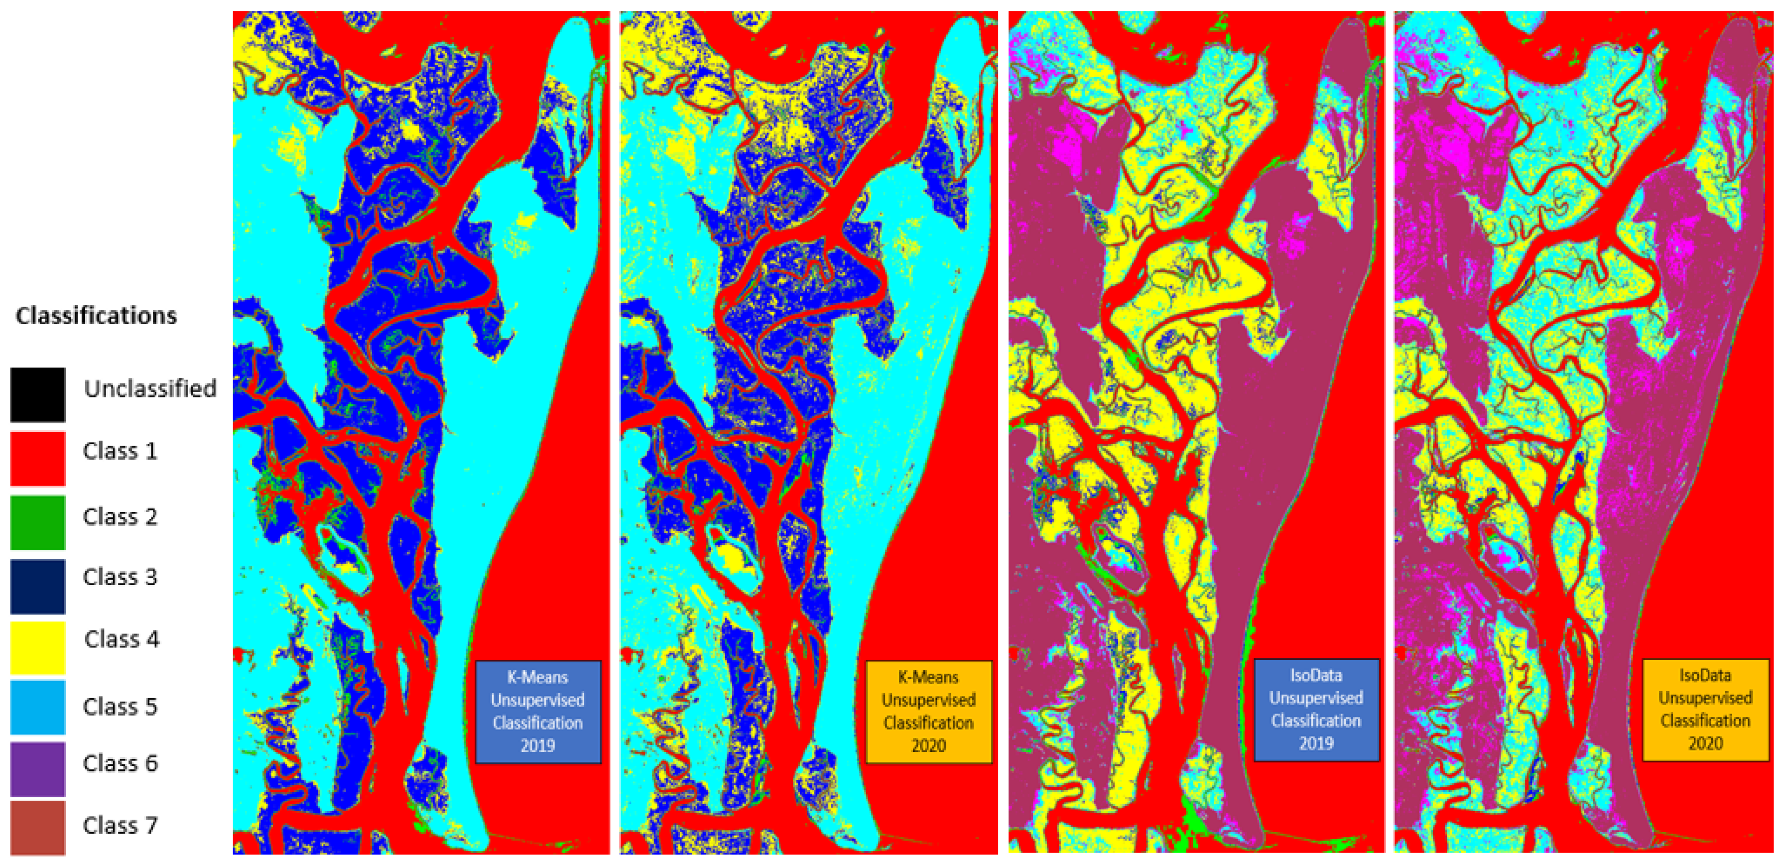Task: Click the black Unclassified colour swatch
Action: coord(38,394)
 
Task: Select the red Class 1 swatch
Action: coord(38,458)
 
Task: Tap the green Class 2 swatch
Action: coord(38,522)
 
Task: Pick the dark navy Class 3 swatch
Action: coord(38,586)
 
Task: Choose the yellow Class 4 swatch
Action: coord(38,647)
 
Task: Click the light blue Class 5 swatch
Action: coord(38,707)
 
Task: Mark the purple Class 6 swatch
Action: coord(38,768)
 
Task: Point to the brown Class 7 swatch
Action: coord(38,827)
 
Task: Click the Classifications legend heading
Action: coord(96,316)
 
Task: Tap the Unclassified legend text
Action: coord(149,388)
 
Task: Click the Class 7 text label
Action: coord(120,825)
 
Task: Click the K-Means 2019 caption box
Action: coord(538,712)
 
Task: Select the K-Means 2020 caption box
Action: coord(929,712)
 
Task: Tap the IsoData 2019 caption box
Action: coord(1316,710)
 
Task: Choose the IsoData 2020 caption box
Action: coord(1705,710)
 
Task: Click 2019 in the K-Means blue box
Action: coord(537,745)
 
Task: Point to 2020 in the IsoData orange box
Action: coord(1705,743)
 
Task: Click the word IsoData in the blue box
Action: coord(1316,675)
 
